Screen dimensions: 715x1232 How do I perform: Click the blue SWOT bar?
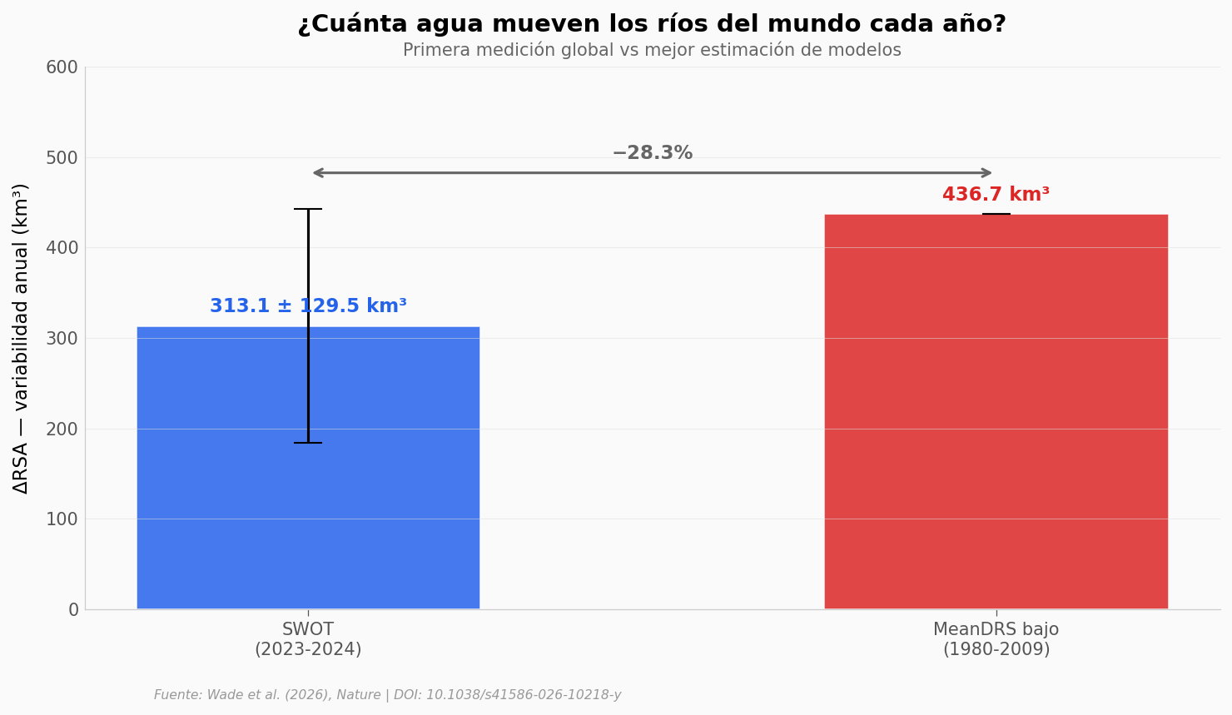tap(308, 499)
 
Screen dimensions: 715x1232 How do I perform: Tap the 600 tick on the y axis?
tap(62, 67)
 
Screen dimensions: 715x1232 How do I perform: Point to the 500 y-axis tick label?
tap(62, 158)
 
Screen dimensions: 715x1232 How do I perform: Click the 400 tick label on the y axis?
tap(62, 248)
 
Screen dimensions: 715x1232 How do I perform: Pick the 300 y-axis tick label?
tap(62, 339)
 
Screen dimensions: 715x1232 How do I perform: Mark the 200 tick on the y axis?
tap(62, 429)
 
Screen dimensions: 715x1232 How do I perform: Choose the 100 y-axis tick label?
tap(62, 519)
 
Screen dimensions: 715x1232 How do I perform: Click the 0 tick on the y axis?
tap(73, 610)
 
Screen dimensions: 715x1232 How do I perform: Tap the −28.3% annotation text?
tap(652, 153)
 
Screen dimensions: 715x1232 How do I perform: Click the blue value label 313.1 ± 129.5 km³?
tap(308, 306)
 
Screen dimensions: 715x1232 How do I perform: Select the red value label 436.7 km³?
tap(996, 195)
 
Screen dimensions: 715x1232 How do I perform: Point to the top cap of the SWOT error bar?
tap(308, 209)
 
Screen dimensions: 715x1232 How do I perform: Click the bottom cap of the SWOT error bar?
tap(308, 443)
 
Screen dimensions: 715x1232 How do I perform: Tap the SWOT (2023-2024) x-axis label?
tap(308, 640)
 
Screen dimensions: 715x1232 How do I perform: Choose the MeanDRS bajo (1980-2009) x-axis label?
tap(996, 640)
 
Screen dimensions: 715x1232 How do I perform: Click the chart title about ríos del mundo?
tap(652, 24)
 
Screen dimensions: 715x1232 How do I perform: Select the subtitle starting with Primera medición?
tap(652, 51)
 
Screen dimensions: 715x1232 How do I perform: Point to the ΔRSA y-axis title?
tap(21, 338)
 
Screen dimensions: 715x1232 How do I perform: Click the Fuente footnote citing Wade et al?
tap(387, 695)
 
